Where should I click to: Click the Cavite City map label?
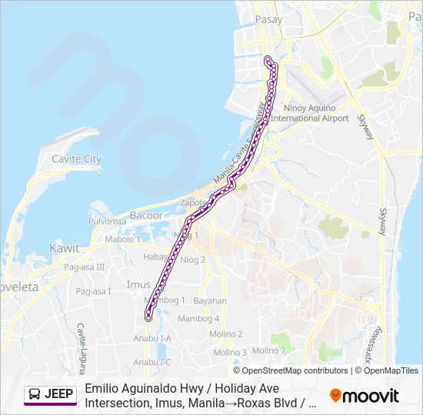(x=76, y=159)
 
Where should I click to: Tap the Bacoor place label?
(x=145, y=215)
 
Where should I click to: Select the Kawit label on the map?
(x=64, y=248)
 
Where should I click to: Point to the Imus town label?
(x=138, y=284)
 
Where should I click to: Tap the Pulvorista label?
(x=107, y=221)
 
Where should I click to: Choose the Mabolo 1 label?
(x=123, y=239)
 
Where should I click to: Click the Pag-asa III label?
(x=85, y=267)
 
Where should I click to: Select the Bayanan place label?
(x=210, y=300)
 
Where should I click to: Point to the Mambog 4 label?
(x=198, y=318)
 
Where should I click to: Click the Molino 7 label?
(x=268, y=350)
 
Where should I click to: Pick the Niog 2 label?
(x=192, y=260)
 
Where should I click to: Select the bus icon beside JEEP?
(x=35, y=394)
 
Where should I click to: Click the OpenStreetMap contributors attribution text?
(x=295, y=370)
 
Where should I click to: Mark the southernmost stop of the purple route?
(x=148, y=316)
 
